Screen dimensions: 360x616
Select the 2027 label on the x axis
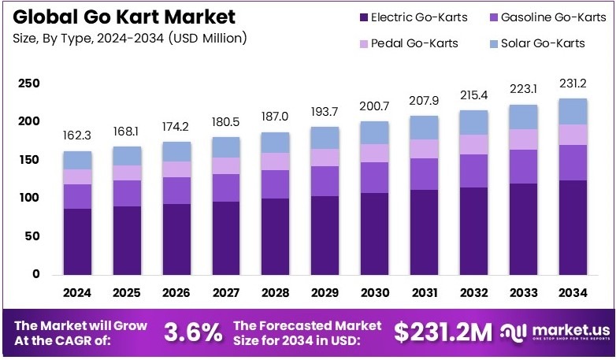click(x=226, y=293)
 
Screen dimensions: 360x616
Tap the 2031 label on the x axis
click(x=425, y=293)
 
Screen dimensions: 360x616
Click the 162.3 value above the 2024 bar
click(x=77, y=135)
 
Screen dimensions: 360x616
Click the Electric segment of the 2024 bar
click(x=77, y=241)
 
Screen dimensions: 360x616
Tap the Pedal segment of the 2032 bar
click(x=474, y=144)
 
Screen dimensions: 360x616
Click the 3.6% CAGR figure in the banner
click(x=193, y=332)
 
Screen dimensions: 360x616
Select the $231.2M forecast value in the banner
click(x=442, y=332)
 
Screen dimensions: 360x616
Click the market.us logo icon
click(x=512, y=332)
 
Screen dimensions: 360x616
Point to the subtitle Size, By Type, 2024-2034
click(x=130, y=38)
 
